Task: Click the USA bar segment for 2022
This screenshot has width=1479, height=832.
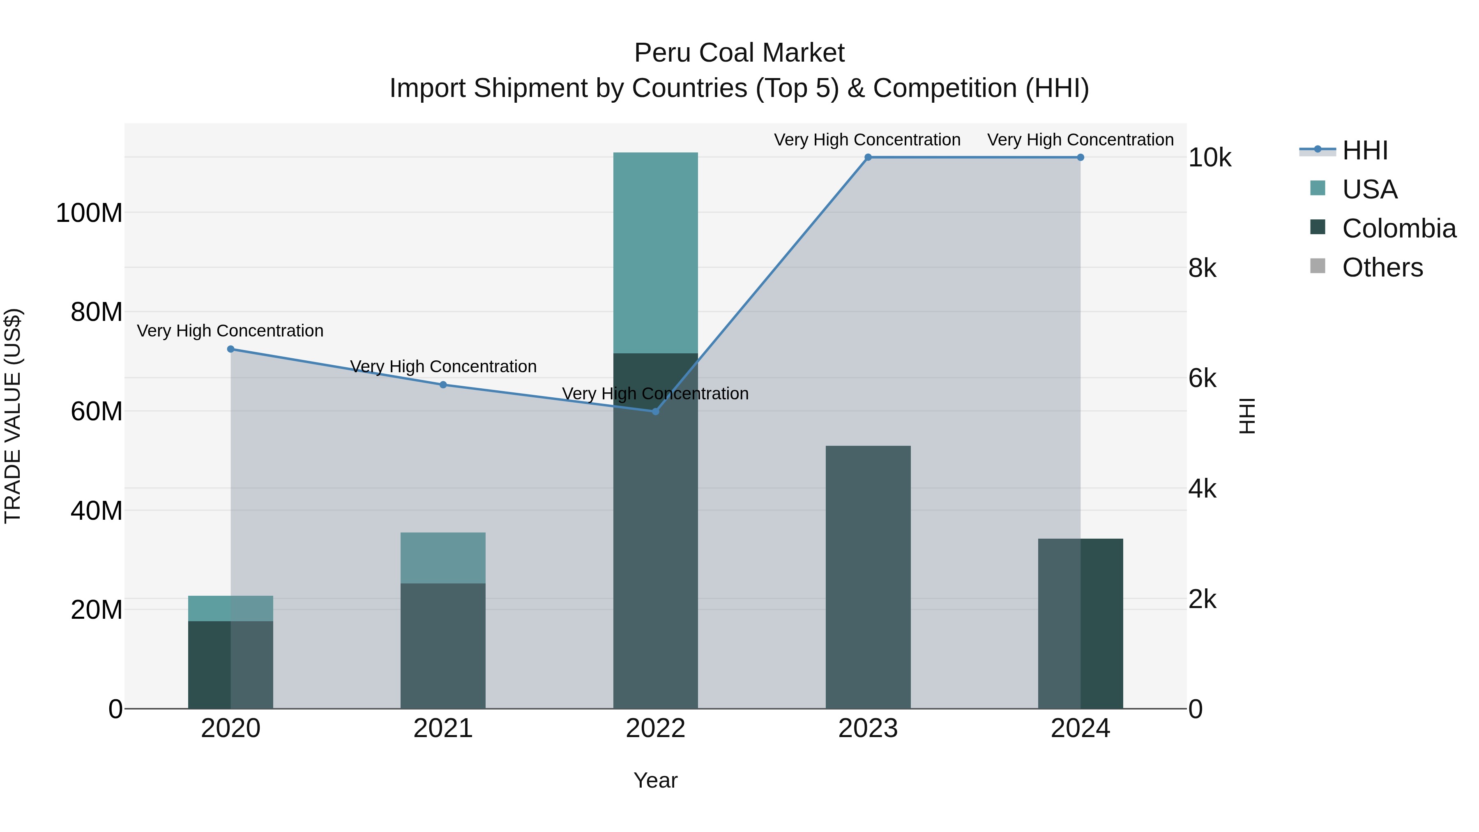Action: coord(655,253)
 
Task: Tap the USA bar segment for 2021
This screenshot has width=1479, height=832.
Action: coord(442,558)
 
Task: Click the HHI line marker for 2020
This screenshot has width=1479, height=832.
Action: coord(231,349)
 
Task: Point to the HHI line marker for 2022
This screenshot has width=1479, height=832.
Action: coord(656,411)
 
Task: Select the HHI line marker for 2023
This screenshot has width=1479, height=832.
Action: coord(868,157)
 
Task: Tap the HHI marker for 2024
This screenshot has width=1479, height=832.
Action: coord(1080,157)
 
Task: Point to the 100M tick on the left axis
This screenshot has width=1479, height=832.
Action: coord(89,213)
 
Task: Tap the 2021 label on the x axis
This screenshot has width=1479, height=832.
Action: coord(442,728)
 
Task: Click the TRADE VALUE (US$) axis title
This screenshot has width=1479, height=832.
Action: coord(13,416)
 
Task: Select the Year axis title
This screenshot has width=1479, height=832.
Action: coord(655,780)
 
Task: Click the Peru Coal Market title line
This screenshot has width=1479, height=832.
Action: coord(739,53)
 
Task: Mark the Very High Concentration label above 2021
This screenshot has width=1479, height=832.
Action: coord(442,366)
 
